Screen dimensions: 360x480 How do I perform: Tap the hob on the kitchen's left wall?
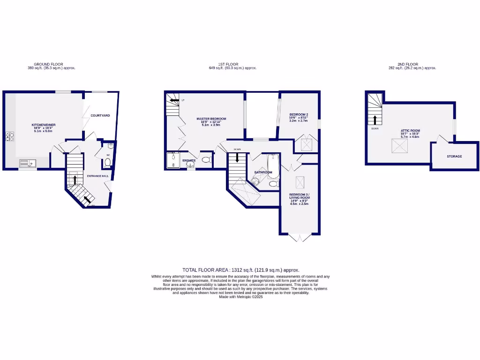[x=9, y=137]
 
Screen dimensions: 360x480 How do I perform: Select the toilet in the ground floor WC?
[x=108, y=162]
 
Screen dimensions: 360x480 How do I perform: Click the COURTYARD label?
[x=100, y=115]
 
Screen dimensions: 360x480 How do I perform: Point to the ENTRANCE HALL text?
[x=98, y=176]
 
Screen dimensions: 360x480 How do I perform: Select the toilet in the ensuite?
[x=205, y=160]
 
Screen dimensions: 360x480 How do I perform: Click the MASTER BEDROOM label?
[x=211, y=119]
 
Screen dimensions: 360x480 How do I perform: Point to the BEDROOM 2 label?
[x=299, y=114]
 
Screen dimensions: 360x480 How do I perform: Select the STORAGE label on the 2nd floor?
[x=454, y=156]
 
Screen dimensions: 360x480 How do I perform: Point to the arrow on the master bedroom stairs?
[x=174, y=100]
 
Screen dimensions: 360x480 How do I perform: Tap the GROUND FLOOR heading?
[x=48, y=64]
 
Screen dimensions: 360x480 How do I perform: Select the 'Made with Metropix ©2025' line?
[x=240, y=297]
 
